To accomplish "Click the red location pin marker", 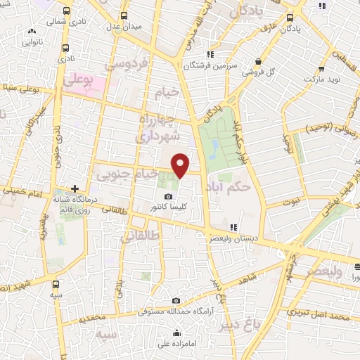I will pyautogui.click(x=181, y=165).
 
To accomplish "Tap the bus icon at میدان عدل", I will pyautogui.click(x=124, y=15).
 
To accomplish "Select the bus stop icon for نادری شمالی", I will pyautogui.click(x=65, y=11).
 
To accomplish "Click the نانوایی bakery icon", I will pyautogui.click(x=32, y=32).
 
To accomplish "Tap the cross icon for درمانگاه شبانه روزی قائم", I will pyautogui.click(x=75, y=188).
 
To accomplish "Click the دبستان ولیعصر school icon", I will pyautogui.click(x=233, y=226).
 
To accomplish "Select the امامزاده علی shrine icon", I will pyautogui.click(x=177, y=333).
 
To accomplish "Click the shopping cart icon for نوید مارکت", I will pyautogui.click(x=321, y=69).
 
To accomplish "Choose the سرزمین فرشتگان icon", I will pyautogui.click(x=210, y=55).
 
